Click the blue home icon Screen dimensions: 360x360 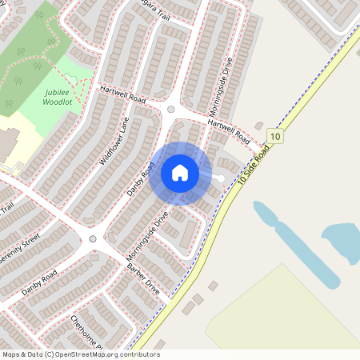pos(180,173)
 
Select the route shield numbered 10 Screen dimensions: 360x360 pos(276,137)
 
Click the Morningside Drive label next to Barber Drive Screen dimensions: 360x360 pos(148,236)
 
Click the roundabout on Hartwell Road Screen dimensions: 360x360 pos(170,110)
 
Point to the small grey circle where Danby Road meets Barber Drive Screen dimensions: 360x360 pos(93,238)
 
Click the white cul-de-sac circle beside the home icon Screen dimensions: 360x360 pos(220,177)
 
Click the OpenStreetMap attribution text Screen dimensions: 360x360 pos(80,354)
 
